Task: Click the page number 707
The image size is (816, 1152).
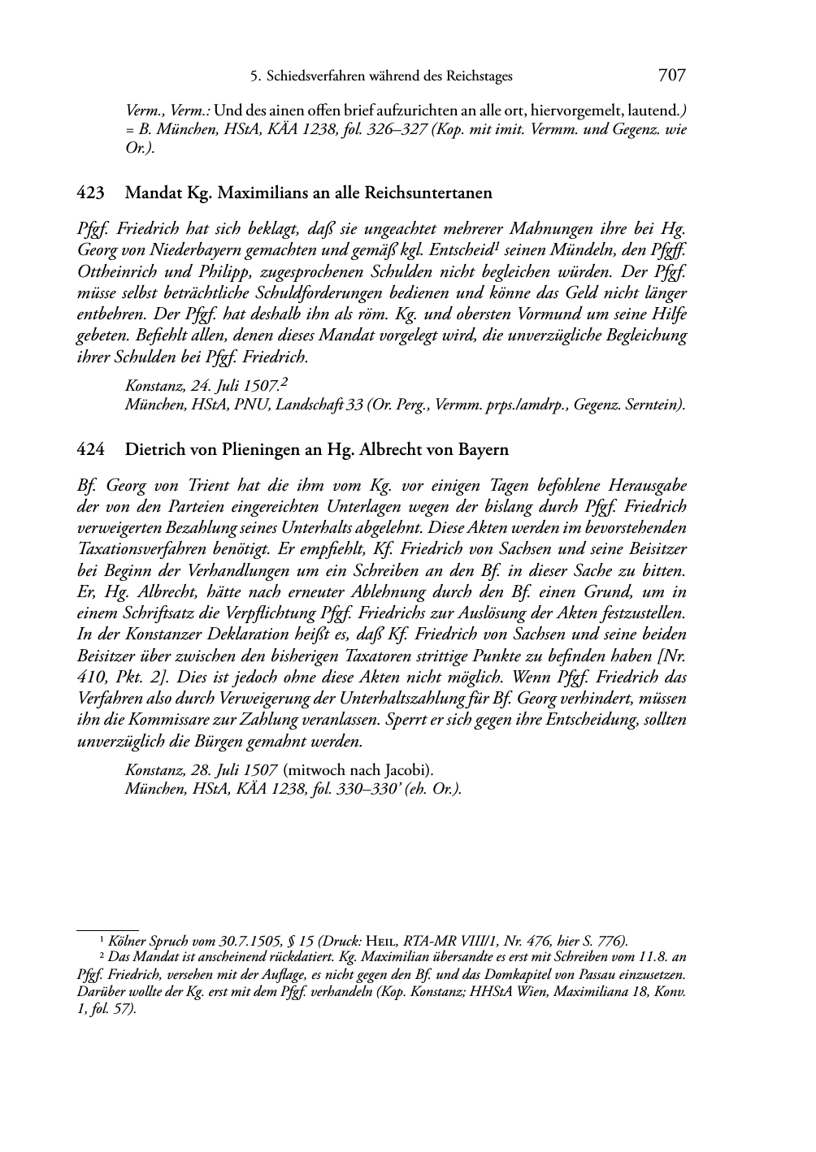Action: click(671, 76)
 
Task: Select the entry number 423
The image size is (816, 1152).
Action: click(89, 193)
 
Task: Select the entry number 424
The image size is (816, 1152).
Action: click(89, 449)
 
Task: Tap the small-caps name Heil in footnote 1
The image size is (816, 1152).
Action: click(383, 942)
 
